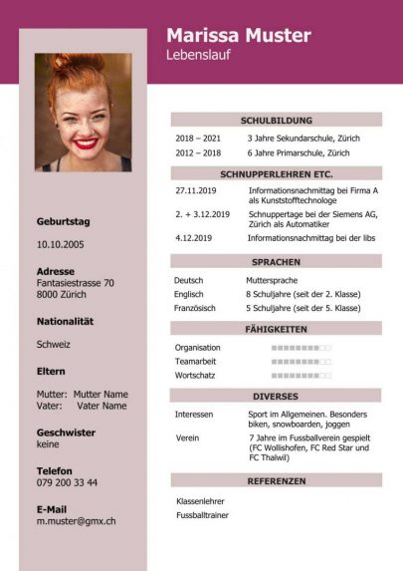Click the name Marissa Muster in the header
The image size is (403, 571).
click(x=239, y=36)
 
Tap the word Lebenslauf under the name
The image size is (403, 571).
click(x=199, y=56)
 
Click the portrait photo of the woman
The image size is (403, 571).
click(x=84, y=112)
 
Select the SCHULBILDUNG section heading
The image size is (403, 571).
click(x=276, y=120)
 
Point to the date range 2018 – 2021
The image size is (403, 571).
click(x=198, y=139)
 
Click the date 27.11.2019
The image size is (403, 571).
click(x=195, y=189)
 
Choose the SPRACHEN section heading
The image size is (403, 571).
click(x=276, y=261)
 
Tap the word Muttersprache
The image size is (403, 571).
click(x=273, y=280)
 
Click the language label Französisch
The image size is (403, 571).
click(x=196, y=308)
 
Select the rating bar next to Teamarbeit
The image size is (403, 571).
click(x=302, y=362)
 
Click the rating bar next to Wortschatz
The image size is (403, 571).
click(x=302, y=376)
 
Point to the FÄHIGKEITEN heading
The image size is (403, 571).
click(x=276, y=328)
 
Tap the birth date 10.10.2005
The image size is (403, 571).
click(x=61, y=243)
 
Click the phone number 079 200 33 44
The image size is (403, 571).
click(x=67, y=482)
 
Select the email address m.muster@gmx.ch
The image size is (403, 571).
click(x=76, y=520)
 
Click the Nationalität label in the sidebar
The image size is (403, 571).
click(x=65, y=321)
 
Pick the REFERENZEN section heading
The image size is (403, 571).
click(x=276, y=480)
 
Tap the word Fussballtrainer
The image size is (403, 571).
click(x=203, y=515)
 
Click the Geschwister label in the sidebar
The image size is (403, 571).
click(x=66, y=432)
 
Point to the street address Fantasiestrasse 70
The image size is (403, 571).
click(x=76, y=283)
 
